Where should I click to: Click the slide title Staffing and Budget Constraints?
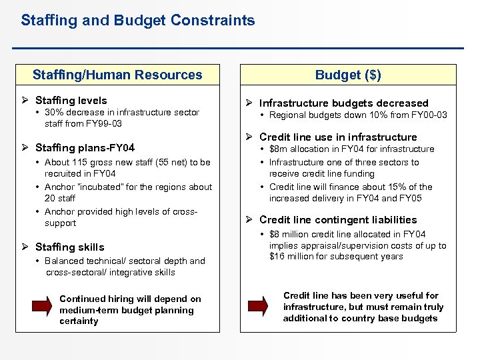[137, 21]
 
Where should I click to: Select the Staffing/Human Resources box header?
[117, 75]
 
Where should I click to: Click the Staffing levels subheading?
[71, 100]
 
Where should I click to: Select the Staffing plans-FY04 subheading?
[85, 147]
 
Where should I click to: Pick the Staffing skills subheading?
[69, 247]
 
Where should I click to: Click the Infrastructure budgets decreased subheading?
[343, 103]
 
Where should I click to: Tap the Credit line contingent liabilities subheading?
[338, 219]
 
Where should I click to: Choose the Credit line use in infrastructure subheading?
[338, 137]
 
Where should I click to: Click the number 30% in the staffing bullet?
[55, 113]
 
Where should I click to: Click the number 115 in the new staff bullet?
[81, 162]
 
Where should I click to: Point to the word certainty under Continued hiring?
[79, 321]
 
